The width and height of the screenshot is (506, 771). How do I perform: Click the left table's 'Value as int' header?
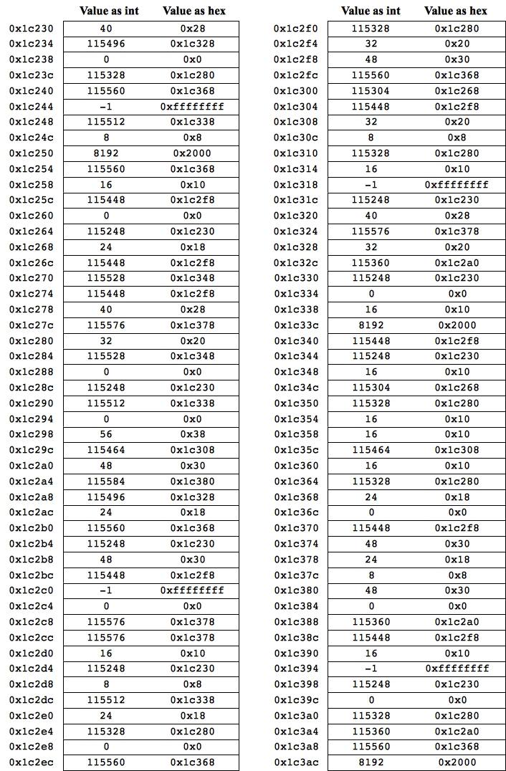click(109, 11)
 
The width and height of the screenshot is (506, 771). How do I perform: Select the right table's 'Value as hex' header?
click(455, 11)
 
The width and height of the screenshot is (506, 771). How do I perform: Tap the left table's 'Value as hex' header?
click(194, 11)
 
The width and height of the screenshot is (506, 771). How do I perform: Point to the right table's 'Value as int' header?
click(371, 11)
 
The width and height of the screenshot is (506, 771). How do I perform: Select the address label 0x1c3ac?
click(295, 762)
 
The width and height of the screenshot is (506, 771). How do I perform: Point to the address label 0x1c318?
click(295, 185)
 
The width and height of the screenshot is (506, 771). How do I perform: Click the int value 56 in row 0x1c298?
click(106, 434)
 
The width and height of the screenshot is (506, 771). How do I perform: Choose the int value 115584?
click(106, 482)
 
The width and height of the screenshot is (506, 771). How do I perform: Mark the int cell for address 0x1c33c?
click(371, 325)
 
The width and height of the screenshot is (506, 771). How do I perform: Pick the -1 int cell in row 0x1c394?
click(371, 669)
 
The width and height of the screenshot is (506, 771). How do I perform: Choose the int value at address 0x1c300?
click(371, 91)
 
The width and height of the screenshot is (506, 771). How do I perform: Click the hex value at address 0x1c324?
click(457, 231)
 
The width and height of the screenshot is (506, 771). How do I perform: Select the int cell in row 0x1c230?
click(106, 29)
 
